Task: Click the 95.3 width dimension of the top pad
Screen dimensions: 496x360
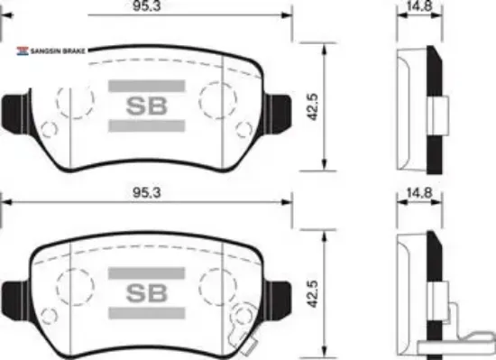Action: tap(146, 6)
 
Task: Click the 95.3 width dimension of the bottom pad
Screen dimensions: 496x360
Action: tap(146, 193)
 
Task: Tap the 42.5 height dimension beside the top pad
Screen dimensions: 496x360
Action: tap(313, 107)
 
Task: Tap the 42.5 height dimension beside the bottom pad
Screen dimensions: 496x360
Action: tap(313, 294)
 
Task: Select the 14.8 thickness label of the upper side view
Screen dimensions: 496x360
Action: tap(419, 5)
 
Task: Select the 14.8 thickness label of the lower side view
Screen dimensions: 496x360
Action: tap(419, 193)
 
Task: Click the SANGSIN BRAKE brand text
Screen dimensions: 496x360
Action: tap(58, 51)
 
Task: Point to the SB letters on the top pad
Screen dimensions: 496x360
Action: tap(146, 106)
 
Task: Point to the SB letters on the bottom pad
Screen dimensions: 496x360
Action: tap(146, 293)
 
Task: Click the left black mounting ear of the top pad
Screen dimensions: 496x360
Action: tap(16, 112)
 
